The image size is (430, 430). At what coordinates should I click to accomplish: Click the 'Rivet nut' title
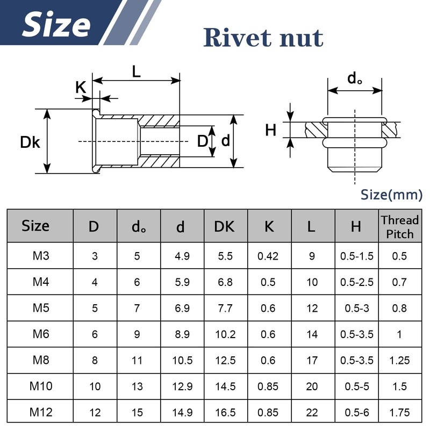point(263,37)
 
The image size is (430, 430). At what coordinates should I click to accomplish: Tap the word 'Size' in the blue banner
point(56,25)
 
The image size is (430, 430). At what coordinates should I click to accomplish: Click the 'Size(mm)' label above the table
point(391,195)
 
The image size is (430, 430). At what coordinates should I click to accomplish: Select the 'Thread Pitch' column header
point(400,226)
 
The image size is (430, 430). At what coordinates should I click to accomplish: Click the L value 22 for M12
point(312,412)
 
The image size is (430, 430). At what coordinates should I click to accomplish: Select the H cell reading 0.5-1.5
point(356,256)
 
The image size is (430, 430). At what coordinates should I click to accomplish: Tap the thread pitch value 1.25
point(400,360)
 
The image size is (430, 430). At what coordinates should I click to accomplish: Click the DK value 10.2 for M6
point(225,334)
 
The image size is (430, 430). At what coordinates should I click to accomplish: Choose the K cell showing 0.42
point(268,256)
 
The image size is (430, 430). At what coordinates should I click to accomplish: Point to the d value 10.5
point(181,360)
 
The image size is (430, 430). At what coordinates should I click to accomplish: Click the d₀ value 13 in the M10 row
point(137,386)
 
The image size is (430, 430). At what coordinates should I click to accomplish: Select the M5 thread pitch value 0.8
point(400,308)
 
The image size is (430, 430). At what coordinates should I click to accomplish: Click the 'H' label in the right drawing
point(271,130)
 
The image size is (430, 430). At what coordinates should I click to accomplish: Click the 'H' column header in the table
point(356,227)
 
